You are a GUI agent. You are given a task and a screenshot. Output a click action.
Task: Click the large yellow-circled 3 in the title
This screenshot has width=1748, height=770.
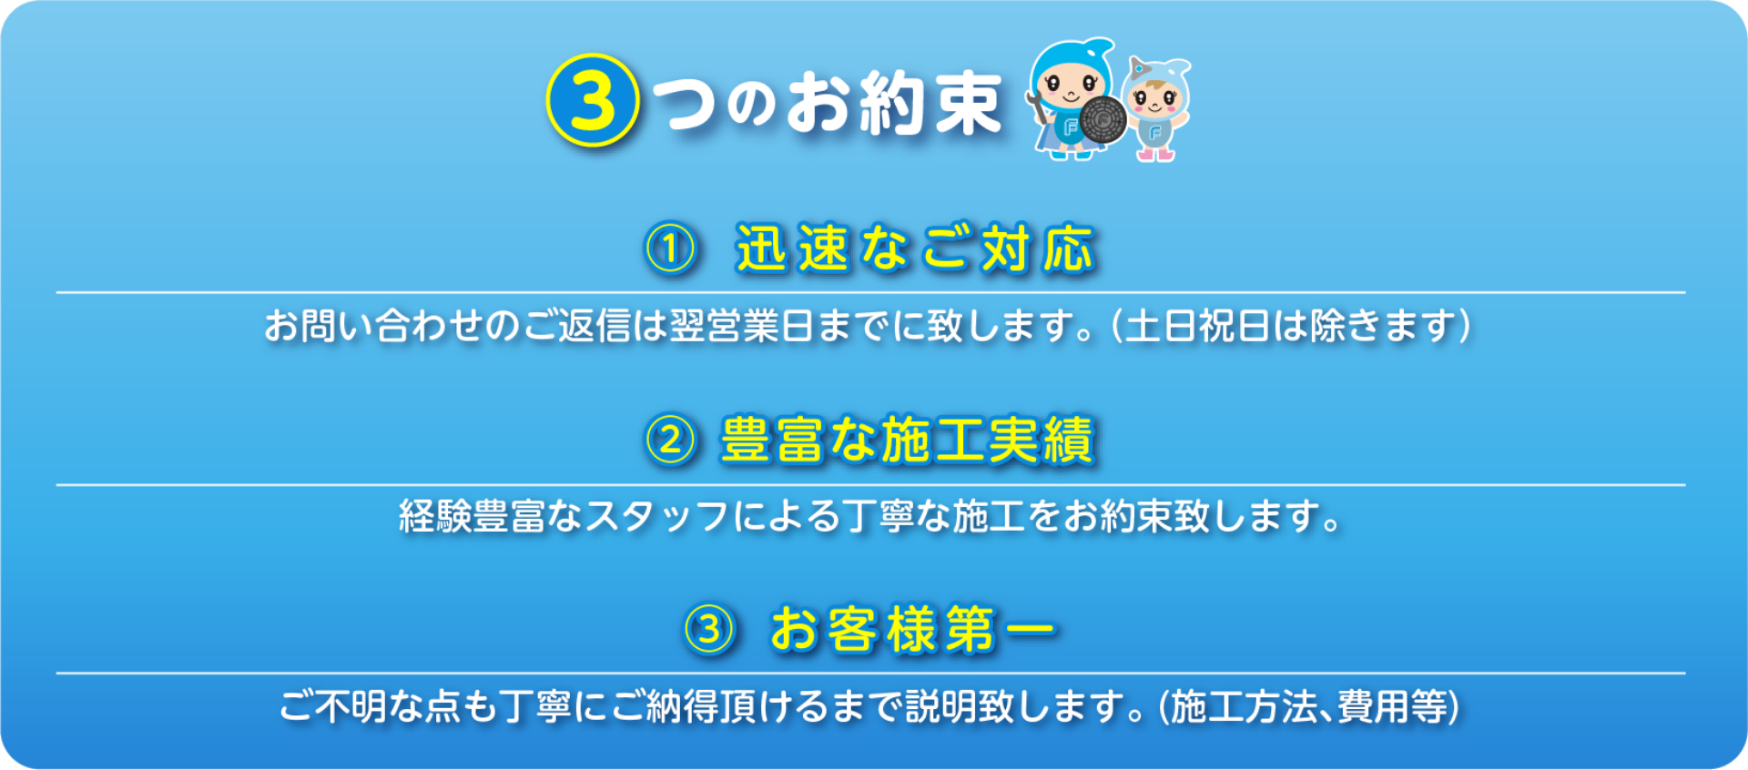tap(593, 100)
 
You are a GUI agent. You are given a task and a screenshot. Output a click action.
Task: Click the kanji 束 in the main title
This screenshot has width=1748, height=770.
tap(967, 103)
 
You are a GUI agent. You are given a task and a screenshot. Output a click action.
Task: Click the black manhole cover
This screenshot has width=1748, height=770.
tap(1104, 119)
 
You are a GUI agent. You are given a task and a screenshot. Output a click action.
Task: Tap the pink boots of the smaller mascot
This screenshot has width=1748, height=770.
tap(1154, 154)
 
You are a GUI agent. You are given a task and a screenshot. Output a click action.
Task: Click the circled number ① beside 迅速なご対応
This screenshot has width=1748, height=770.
tap(671, 248)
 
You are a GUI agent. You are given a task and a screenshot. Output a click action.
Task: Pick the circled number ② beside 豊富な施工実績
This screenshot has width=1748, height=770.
tap(671, 441)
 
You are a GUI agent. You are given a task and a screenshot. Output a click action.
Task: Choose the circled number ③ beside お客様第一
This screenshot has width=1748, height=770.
tap(709, 629)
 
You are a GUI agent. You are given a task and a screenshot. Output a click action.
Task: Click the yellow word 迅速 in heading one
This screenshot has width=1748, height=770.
tap(792, 248)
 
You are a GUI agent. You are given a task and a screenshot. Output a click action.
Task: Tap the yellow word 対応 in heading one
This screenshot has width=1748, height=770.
tap(1037, 248)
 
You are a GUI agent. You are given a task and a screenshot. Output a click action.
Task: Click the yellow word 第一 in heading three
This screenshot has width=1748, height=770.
tap(1001, 629)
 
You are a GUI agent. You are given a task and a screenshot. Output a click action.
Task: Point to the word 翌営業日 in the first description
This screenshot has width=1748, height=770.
tap(742, 326)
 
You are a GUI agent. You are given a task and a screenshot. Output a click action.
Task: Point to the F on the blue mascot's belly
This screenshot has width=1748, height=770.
tap(1071, 128)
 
